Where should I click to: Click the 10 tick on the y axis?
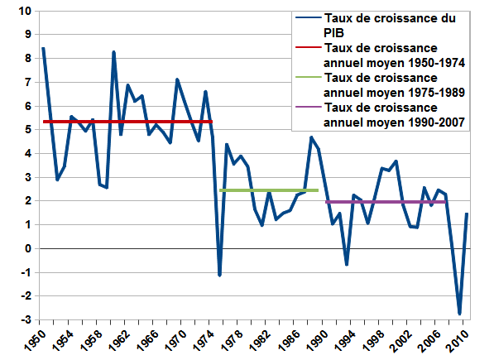pos(24,12)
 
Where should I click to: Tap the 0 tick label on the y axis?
pos(27,249)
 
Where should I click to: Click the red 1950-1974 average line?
pos(124,122)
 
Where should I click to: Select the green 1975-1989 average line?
pos(269,190)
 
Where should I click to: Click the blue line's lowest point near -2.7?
pos(460,314)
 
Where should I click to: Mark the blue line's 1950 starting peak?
pos(43,49)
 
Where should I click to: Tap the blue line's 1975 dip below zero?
pos(219,275)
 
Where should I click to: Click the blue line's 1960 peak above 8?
pos(113,52)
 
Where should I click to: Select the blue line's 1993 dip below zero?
pos(347,264)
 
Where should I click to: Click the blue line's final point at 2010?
pos(468,214)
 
